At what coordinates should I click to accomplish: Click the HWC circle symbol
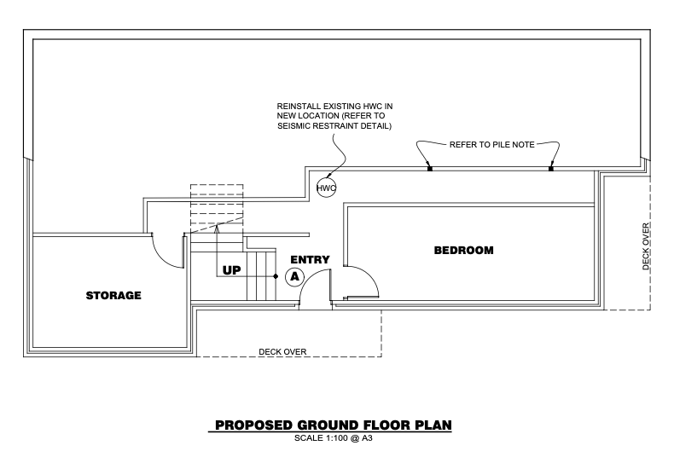[326, 188]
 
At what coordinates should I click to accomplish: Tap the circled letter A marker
[295, 276]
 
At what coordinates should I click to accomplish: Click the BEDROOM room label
[464, 250]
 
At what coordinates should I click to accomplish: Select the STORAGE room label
[113, 295]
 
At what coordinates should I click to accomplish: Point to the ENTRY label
[310, 259]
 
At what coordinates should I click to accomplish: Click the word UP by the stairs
[232, 270]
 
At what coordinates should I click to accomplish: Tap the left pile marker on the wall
[430, 168]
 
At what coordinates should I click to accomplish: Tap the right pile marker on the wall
[551, 168]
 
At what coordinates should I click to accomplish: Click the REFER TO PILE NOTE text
[492, 145]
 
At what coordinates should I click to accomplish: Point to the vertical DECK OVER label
[646, 246]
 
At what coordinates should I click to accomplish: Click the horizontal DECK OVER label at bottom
[282, 352]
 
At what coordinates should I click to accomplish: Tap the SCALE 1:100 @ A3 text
[333, 438]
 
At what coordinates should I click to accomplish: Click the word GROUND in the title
[328, 425]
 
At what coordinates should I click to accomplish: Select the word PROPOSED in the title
[253, 425]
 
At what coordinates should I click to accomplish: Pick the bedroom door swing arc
[369, 275]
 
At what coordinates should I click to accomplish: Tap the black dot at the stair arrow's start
[276, 276]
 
